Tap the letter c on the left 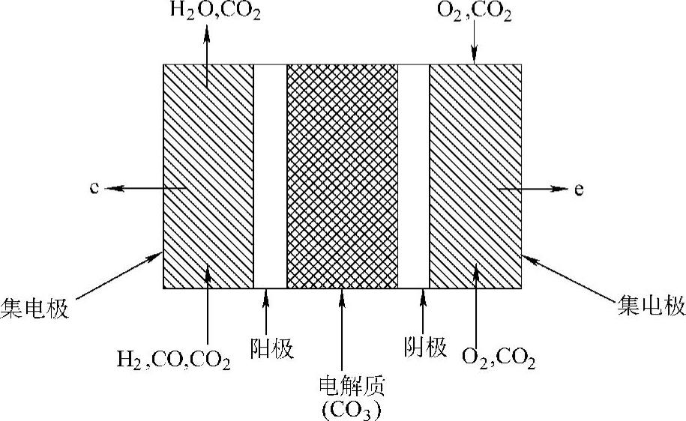click(94, 188)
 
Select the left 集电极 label click(34, 309)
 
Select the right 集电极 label click(651, 306)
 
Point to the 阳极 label click(271, 349)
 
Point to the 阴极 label click(424, 348)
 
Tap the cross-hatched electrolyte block click(342, 176)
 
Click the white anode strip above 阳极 click(270, 176)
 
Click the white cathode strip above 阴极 click(413, 176)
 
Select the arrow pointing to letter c click(142, 188)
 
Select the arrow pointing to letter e click(532, 190)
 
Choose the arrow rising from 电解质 click(342, 330)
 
